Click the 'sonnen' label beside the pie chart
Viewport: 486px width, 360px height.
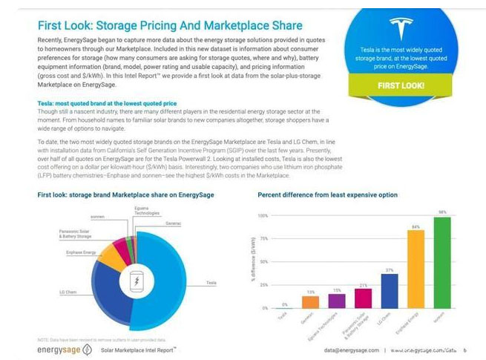click(97, 216)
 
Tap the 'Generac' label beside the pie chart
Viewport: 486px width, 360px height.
click(173, 223)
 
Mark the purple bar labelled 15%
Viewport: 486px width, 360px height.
click(336, 301)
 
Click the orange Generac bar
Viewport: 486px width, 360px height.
click(311, 301)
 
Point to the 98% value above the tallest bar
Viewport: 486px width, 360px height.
click(442, 212)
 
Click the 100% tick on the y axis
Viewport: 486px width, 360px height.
click(262, 215)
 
